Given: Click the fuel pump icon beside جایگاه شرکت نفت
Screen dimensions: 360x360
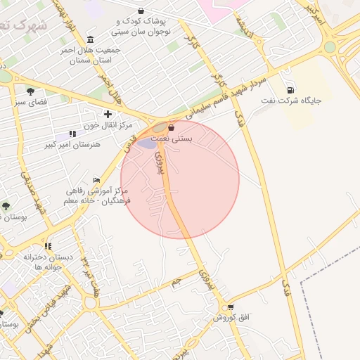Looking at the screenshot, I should [x=291, y=89].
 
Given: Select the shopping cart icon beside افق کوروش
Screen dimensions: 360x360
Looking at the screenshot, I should [x=230, y=308].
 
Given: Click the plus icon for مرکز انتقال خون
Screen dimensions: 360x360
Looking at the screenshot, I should [x=107, y=114].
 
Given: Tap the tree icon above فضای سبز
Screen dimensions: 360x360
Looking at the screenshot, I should [x=30, y=91].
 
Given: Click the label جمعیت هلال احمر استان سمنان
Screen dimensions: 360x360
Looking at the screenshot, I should [x=95, y=56].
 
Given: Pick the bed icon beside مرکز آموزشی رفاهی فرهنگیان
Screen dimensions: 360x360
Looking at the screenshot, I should [x=97, y=181].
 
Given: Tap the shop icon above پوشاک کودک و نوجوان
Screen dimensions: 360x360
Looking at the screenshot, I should [x=141, y=11].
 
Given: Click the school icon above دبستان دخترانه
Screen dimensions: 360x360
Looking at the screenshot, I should [x=48, y=246].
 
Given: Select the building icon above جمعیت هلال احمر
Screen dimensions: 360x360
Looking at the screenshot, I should [x=90, y=39].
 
